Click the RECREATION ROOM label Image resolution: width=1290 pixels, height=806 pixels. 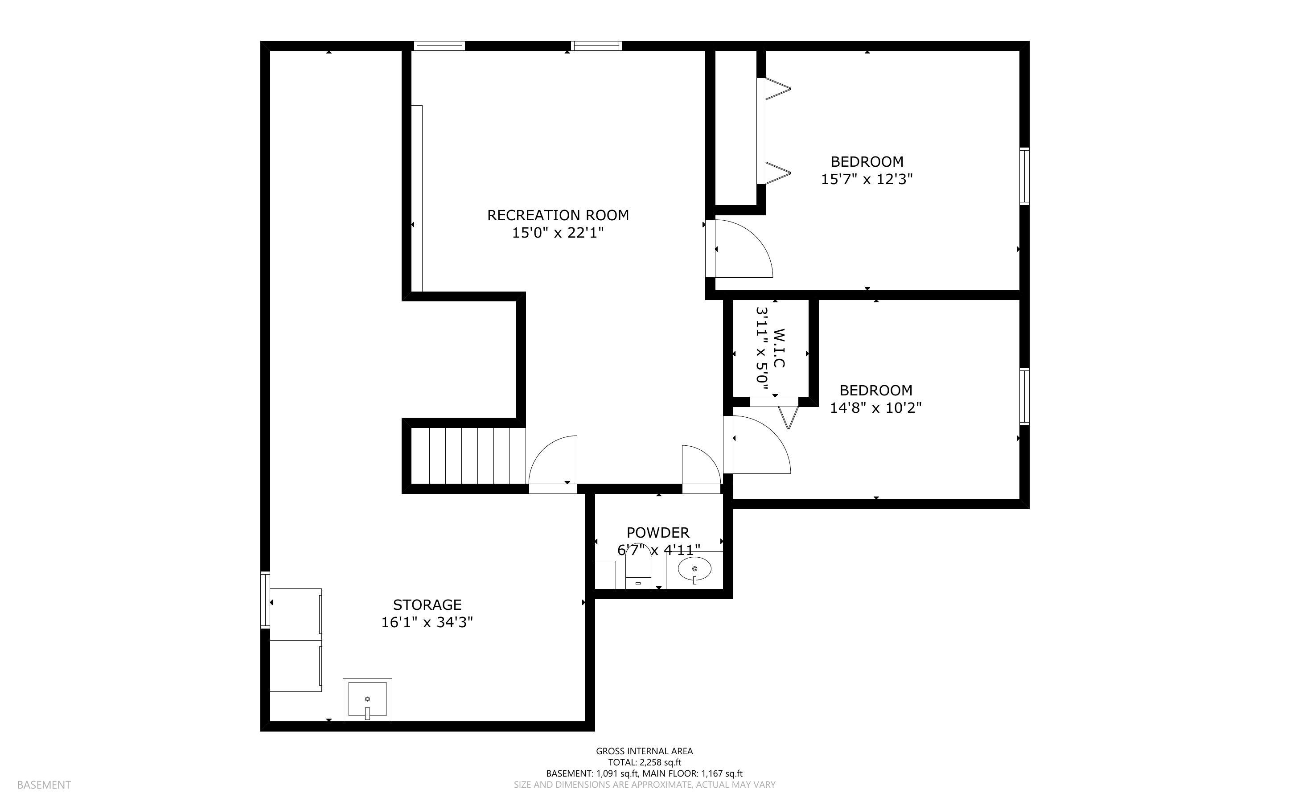pos(558,215)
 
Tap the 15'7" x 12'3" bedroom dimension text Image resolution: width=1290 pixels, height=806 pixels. pos(867,179)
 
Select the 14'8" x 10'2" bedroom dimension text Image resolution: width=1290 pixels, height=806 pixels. pos(876,408)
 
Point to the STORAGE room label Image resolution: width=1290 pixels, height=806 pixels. pos(427,605)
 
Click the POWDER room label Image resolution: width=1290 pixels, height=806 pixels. pos(658,533)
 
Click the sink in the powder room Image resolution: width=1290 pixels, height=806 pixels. pos(694,570)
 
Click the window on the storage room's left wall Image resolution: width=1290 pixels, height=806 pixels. pos(265,600)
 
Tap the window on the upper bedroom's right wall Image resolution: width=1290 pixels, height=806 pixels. pos(1025,177)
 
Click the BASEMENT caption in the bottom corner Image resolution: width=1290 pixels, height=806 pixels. pos(44,785)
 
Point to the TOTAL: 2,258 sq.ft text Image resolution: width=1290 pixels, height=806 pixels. pos(645,762)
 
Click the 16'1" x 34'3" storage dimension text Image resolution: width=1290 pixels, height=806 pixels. pos(427,622)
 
